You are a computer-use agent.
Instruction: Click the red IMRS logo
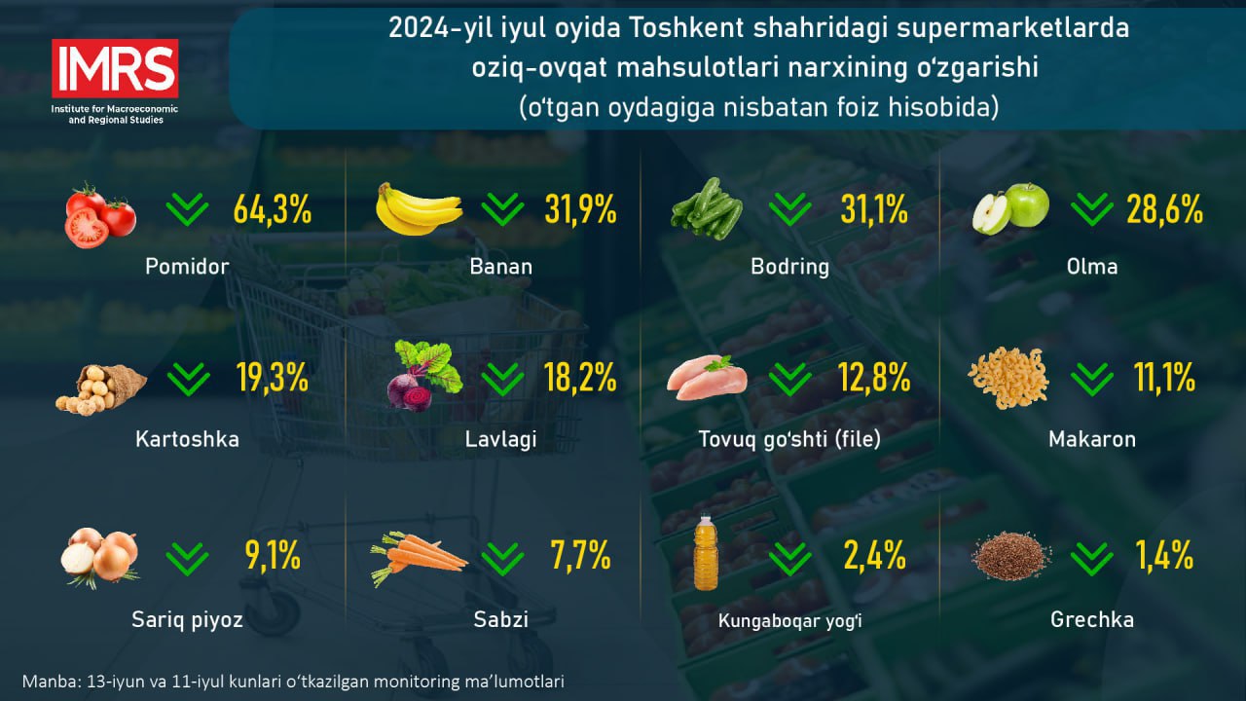tap(115, 68)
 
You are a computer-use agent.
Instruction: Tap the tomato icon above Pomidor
tap(100, 215)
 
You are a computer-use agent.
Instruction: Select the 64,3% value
tap(272, 209)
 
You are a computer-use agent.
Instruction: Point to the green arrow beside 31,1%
tap(789, 209)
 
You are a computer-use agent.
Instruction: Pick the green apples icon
tap(1010, 208)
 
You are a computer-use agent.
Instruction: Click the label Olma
tap(1092, 267)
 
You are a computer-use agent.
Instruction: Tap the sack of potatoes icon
tap(100, 389)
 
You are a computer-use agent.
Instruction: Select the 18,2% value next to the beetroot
tap(580, 378)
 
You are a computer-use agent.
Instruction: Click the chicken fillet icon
tap(707, 378)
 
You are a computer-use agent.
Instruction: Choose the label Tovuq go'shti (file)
tap(789, 439)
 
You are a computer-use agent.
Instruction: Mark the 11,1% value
tap(1164, 378)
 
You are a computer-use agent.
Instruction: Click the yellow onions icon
tap(100, 558)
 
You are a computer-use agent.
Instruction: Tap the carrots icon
tap(419, 558)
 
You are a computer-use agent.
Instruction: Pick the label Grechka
tap(1092, 620)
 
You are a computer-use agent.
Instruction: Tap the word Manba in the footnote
tap(52, 682)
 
